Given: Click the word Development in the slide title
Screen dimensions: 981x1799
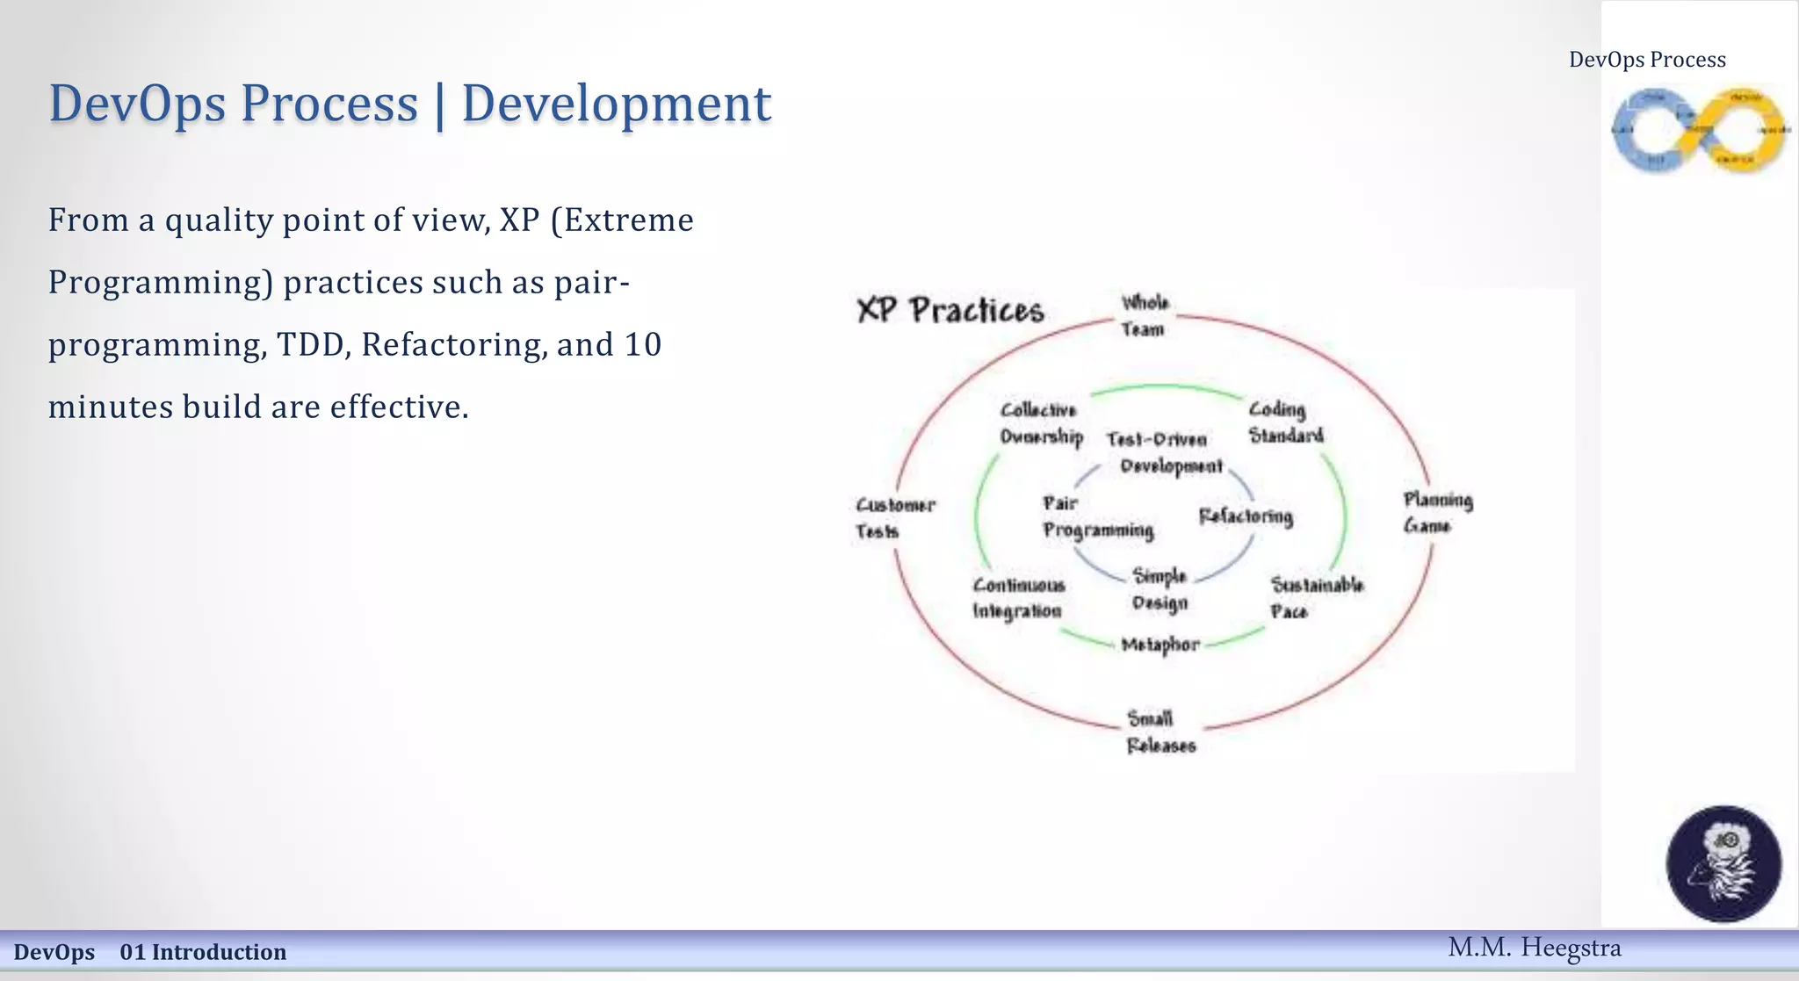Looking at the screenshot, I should (616, 104).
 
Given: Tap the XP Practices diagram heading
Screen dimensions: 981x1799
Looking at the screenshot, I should (950, 310).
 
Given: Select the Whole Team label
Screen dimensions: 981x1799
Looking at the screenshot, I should (1144, 315).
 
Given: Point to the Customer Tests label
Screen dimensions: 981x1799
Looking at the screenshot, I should (894, 518).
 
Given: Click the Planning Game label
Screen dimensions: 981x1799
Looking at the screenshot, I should (1437, 513).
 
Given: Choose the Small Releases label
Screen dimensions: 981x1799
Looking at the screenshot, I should (1160, 732).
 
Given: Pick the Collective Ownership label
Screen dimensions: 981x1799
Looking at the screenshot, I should (1041, 423).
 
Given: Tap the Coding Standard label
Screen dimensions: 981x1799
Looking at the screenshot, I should (1285, 422).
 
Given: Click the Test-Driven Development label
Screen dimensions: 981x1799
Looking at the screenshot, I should (1164, 452).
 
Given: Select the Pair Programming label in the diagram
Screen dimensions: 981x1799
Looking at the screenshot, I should (1097, 516).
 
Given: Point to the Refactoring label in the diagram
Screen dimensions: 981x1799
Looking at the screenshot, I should (1246, 516).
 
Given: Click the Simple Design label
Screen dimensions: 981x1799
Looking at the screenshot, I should (1160, 589).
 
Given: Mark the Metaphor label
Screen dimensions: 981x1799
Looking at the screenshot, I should (1160, 645).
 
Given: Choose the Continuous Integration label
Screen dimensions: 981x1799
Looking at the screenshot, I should (1018, 598).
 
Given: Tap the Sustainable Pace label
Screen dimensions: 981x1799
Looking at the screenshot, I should (1316, 598).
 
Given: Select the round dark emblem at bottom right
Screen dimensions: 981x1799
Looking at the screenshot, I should (1723, 863).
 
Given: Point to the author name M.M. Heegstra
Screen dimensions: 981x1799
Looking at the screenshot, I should (1534, 948).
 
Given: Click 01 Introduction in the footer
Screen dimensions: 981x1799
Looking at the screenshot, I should (203, 952).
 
